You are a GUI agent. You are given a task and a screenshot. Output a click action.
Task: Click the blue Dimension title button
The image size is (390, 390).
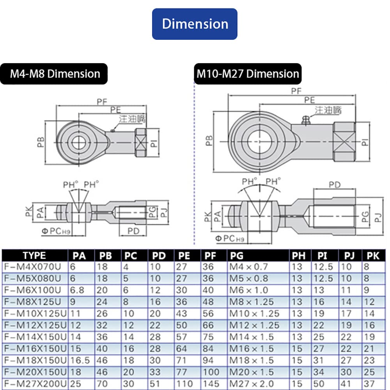(195, 24)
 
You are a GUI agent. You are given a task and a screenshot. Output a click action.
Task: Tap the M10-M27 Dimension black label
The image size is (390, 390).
(247, 74)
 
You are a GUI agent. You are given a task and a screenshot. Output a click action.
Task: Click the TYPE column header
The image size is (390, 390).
(34, 256)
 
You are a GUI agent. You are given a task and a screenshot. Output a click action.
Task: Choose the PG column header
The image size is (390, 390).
(236, 256)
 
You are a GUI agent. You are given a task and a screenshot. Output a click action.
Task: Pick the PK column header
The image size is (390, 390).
(373, 256)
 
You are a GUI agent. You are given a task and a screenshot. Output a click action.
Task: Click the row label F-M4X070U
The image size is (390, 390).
(34, 267)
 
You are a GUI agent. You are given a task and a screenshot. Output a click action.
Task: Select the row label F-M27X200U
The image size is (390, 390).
(34, 383)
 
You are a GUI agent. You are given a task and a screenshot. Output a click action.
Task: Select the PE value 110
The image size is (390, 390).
(186, 383)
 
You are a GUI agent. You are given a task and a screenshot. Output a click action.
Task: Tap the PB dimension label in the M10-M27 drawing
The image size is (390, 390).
(209, 141)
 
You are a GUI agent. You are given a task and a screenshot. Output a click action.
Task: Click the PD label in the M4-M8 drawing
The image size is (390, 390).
(133, 231)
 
